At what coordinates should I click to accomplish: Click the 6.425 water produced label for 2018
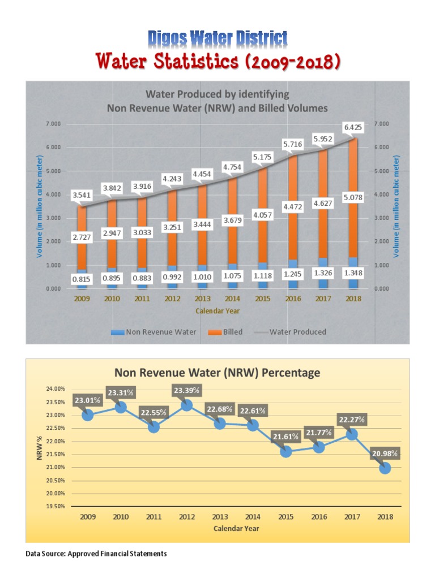[x=352, y=128]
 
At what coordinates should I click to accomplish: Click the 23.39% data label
[x=186, y=390]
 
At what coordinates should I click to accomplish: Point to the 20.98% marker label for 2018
[x=385, y=453]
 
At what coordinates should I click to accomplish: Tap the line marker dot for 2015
[x=286, y=451]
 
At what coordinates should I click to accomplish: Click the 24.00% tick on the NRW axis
[x=55, y=389]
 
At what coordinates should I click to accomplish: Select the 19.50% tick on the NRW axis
[x=55, y=507]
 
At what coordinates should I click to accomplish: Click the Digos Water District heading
[x=217, y=39]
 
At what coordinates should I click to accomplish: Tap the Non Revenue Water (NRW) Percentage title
[x=217, y=373]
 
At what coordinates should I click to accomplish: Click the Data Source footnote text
[x=96, y=554]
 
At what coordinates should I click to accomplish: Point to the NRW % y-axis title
[x=40, y=447]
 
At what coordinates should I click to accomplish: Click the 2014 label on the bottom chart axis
[x=253, y=516]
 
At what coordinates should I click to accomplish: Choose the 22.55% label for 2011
[x=153, y=412]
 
